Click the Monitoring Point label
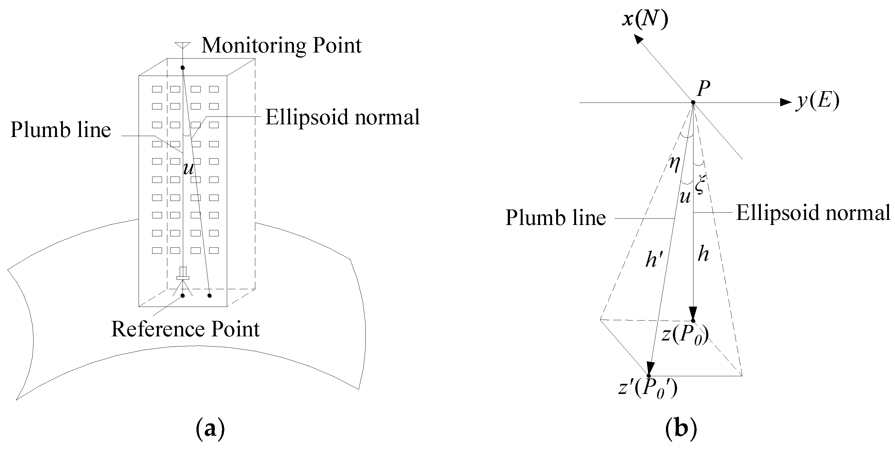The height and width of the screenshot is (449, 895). [282, 46]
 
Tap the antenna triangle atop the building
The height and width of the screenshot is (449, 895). [183, 46]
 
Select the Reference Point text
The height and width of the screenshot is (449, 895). [185, 329]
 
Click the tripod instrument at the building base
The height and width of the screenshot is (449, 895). [183, 278]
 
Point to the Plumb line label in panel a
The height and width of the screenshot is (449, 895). [60, 130]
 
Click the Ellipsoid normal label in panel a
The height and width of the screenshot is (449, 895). [342, 117]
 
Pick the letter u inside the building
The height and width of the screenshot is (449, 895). [188, 169]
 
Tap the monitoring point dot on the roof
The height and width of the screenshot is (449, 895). [183, 68]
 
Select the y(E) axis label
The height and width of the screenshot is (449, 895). [817, 102]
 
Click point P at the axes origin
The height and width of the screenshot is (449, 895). [693, 102]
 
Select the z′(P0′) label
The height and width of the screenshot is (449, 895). [648, 389]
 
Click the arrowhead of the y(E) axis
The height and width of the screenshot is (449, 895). [786, 102]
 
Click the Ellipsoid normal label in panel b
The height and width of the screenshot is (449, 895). [813, 212]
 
